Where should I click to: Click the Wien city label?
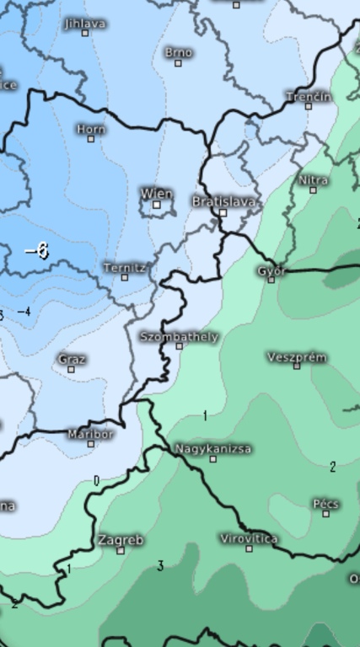pos(156,193)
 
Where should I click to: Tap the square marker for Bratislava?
pos(223,213)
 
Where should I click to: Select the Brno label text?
pos(178,52)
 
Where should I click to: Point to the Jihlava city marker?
pos(85,34)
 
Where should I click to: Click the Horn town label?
pos(90,129)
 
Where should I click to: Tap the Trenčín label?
pos(308,96)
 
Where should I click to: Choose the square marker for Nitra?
pos(313,190)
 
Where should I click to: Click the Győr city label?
pos(272,270)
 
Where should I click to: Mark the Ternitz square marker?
pos(125,277)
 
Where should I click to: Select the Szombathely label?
pos(179,336)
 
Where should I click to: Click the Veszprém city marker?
pos(297,366)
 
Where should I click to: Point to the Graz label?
pos(72,359)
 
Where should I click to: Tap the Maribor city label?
pos(90,434)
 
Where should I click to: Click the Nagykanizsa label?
pos(213,449)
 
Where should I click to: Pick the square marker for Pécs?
pos(326,513)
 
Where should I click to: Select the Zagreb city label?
pos(121,539)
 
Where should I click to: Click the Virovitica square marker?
pos(249,548)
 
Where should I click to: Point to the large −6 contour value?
pos(37,251)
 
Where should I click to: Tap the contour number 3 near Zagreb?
pos(160,566)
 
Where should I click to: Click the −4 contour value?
pos(24,312)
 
